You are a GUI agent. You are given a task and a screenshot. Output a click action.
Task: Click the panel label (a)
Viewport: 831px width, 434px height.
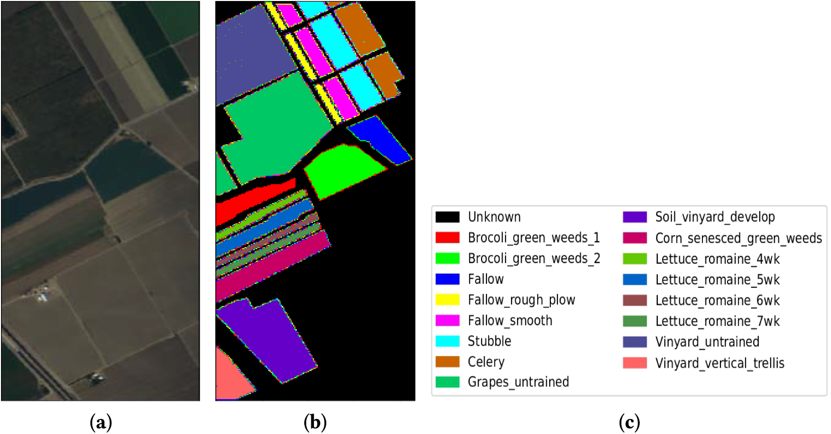point(100,422)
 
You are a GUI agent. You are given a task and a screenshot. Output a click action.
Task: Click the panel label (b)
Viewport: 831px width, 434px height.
point(315,422)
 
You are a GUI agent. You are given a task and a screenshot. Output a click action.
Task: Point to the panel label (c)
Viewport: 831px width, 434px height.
point(629,422)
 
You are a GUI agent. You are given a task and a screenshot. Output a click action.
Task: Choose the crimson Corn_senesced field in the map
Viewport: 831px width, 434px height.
point(273,265)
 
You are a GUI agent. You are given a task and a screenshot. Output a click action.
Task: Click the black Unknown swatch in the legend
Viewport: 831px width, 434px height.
point(447,217)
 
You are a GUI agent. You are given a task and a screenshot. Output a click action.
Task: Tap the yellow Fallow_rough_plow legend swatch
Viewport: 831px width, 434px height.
point(447,299)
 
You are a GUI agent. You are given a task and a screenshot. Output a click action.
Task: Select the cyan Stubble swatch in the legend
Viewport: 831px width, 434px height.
point(447,341)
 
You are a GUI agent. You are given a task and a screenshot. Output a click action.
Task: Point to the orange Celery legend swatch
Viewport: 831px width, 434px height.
point(447,362)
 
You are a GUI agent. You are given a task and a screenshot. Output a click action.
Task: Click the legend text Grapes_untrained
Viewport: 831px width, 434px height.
point(518,382)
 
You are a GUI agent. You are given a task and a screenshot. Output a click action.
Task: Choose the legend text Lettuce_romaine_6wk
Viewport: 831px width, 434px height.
point(718,300)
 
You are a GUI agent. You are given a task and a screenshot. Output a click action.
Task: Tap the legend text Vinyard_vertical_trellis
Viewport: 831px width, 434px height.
point(720,363)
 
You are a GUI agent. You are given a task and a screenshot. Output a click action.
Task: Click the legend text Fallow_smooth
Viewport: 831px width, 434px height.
point(510,320)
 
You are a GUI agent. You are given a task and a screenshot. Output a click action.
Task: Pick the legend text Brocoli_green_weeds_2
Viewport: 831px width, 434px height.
point(534,258)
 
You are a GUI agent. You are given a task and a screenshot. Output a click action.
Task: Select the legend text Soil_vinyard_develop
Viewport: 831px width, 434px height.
point(715,217)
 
